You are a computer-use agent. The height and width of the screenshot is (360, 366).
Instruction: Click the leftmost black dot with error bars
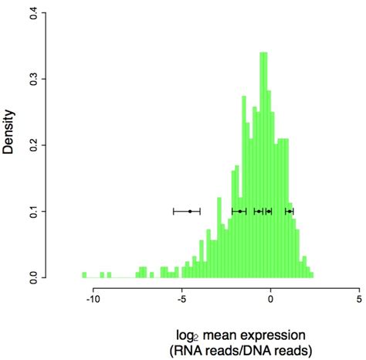tap(190, 211)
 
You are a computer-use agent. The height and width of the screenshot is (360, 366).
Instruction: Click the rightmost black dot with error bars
tap(289, 211)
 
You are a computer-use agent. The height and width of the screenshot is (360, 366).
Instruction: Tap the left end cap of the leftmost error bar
tap(173, 211)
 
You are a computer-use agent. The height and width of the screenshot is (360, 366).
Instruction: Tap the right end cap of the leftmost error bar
tap(200, 211)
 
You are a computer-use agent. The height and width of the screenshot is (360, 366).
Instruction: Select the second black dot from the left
tap(240, 211)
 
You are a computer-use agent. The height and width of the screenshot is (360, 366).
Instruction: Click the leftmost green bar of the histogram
tap(83, 274)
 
